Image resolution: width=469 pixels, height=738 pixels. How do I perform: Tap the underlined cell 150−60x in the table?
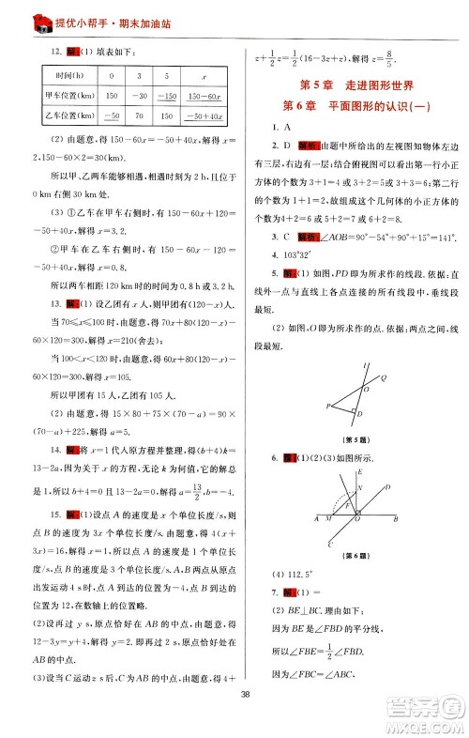coord(204,95)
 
